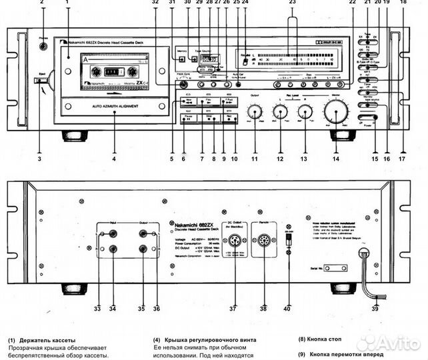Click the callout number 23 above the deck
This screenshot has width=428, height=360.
pos(291,3)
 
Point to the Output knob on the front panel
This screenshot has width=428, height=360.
pos(254,111)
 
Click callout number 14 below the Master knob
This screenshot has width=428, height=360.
pos(335,159)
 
